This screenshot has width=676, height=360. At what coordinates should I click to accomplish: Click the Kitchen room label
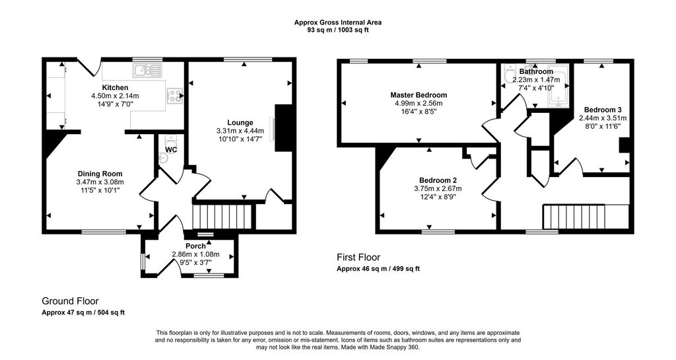[115, 87]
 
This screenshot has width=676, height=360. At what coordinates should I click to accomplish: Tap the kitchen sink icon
[147, 70]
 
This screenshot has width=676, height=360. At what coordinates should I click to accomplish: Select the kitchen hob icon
[174, 96]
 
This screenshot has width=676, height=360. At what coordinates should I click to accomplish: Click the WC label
[171, 149]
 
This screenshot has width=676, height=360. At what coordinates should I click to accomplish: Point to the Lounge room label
[240, 123]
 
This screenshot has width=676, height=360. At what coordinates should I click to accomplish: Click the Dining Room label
[100, 174]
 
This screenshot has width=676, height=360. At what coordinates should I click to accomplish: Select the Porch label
[195, 246]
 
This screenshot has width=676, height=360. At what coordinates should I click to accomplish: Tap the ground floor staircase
[222, 217]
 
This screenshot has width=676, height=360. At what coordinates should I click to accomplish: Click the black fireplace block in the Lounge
[283, 128]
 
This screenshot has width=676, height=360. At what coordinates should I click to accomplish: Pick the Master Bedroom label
[419, 95]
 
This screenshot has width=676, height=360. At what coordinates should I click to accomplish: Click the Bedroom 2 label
[438, 180]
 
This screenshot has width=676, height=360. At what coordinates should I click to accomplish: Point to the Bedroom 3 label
[603, 110]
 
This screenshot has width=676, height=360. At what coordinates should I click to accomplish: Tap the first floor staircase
[574, 217]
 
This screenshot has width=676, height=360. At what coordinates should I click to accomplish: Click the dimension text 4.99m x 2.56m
[419, 104]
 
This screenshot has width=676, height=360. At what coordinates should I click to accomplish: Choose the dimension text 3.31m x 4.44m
[240, 131]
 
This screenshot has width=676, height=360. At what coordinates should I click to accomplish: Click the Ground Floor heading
[70, 301]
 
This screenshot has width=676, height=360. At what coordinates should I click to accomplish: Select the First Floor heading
[358, 258]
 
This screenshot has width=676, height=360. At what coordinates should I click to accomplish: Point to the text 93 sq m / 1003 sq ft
[338, 30]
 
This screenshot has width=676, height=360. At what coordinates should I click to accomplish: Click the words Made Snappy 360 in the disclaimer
[397, 347]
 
